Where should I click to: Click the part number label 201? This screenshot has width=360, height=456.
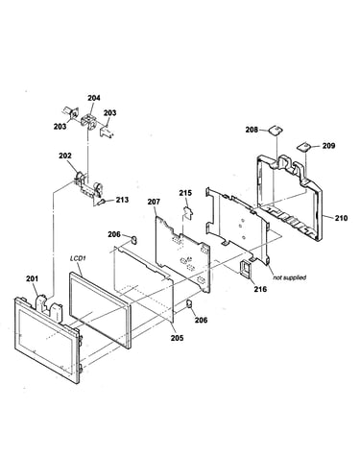click(x=32, y=278)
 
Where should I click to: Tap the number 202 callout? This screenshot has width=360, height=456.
click(x=65, y=156)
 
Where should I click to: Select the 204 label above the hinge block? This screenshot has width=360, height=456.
click(x=94, y=98)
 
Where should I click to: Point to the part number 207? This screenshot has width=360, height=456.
click(x=154, y=202)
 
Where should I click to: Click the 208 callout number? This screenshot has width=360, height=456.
click(x=252, y=130)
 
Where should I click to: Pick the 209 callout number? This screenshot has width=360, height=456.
click(x=328, y=146)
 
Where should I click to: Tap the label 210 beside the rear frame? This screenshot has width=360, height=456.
click(x=341, y=218)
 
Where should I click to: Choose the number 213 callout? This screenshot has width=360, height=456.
click(x=122, y=200)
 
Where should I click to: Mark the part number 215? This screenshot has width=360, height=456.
click(x=185, y=193)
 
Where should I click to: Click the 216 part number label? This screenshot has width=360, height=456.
click(x=260, y=289)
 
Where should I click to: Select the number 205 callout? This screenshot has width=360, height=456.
click(x=177, y=338)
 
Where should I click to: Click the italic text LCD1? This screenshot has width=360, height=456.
click(x=78, y=258)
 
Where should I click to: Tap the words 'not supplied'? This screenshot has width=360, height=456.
click(x=289, y=277)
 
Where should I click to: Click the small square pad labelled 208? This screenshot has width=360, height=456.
click(x=276, y=130)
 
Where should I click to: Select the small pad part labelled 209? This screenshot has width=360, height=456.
click(x=303, y=146)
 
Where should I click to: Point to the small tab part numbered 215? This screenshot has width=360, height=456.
click(x=187, y=212)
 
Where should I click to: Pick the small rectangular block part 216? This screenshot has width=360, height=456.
click(x=246, y=267)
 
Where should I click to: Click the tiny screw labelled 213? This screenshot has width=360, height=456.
click(x=101, y=202)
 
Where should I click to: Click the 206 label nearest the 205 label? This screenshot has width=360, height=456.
click(x=202, y=320)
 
